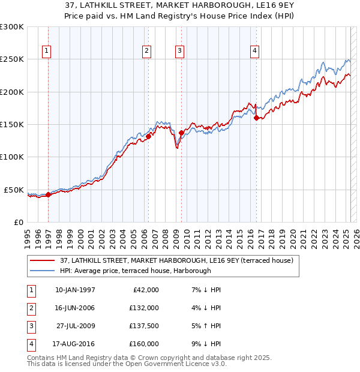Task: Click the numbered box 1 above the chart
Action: pos(47,52)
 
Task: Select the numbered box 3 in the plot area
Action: pos(179,52)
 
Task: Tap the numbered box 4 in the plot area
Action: pos(255,52)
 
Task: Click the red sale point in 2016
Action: pos(256,118)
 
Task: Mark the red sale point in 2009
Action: pos(181,133)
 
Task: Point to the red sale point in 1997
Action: pos(49,194)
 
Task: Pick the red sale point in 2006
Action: pos(148,136)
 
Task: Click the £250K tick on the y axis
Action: pos(13,59)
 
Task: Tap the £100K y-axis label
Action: pos(13,157)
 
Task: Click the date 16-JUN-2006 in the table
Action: pos(75,308)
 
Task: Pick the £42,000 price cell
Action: pos(144,290)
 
